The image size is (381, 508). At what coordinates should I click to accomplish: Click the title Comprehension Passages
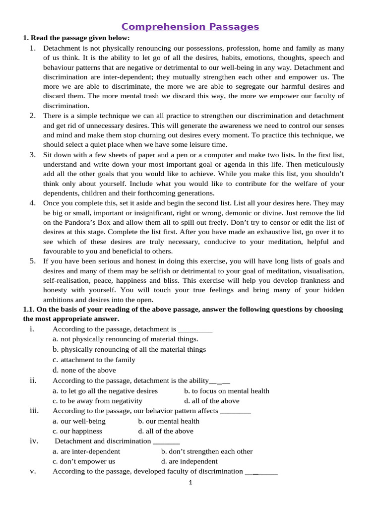coord(190,27)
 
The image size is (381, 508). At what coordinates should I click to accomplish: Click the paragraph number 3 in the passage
coord(32,154)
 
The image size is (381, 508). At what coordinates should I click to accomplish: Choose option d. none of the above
coord(84,370)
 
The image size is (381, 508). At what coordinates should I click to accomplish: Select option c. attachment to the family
coord(94,360)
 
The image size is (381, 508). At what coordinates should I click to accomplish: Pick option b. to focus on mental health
coord(227,391)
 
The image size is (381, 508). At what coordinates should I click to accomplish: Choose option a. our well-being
coord(79,421)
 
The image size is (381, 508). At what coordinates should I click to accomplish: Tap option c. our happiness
coord(77,431)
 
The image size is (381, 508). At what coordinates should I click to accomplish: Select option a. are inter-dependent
coord(86,451)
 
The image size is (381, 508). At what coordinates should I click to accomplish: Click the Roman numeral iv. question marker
coord(34,441)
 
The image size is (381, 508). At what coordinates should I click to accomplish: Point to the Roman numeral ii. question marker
coord(33,381)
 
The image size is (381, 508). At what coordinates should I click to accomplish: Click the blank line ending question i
coord(195,329)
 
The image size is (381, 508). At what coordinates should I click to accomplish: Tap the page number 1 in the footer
coord(190,482)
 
